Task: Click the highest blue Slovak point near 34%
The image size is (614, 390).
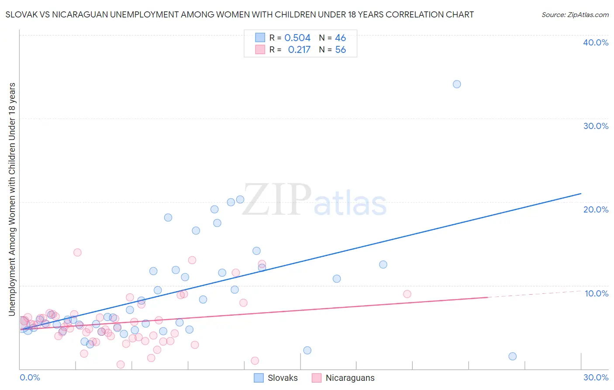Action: point(457,84)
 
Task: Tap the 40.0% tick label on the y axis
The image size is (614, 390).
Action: point(596,42)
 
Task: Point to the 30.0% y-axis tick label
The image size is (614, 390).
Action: point(596,126)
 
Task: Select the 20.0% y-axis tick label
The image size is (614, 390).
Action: point(596,209)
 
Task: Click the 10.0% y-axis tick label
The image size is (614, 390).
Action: point(597,293)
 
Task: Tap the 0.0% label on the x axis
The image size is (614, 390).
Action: point(30,377)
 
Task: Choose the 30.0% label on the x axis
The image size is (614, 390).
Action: point(596,377)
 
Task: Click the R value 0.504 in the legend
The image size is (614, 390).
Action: point(297,38)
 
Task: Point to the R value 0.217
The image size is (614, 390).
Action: point(299,50)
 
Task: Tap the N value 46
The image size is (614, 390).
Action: point(340,38)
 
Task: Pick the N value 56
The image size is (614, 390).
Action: point(340,50)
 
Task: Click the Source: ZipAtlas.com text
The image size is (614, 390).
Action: point(575,15)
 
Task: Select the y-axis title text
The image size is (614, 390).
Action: point(12,199)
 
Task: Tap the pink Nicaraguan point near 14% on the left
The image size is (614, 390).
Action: point(77,252)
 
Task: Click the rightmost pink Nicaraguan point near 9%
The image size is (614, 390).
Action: point(407,294)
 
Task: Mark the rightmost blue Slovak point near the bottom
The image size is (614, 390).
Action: point(513,356)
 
